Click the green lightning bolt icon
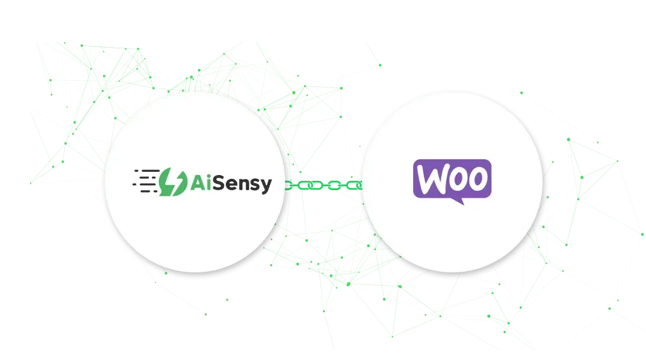click(173, 181)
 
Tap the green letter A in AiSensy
click(197, 183)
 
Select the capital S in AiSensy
click(218, 183)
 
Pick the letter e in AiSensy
click(232, 185)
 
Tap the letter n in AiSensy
click(244, 185)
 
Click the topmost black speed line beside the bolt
click(147, 171)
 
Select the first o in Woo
click(457, 180)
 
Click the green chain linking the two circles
click(324, 185)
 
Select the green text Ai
click(201, 183)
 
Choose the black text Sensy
click(242, 185)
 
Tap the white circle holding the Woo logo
click(452, 181)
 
